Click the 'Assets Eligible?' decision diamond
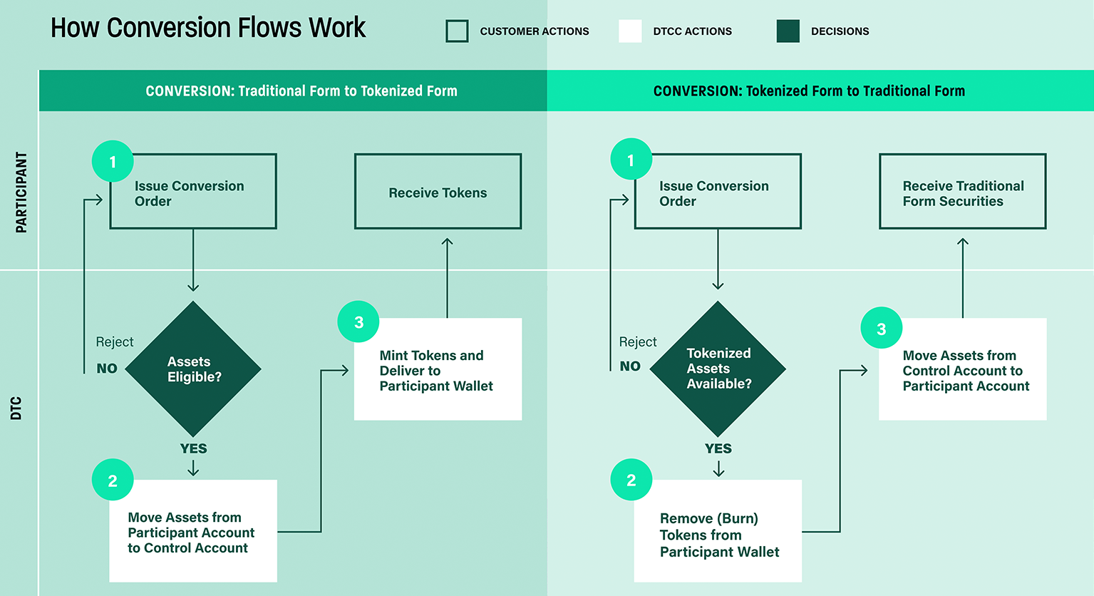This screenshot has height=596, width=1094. pyautogui.click(x=193, y=369)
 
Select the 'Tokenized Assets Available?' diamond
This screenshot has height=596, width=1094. pyautogui.click(x=718, y=369)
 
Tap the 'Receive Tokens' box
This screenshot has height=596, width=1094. pyautogui.click(x=438, y=192)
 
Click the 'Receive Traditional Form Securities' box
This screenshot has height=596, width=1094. pyautogui.click(x=962, y=192)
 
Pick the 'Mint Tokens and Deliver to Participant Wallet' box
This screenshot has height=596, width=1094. pyautogui.click(x=438, y=369)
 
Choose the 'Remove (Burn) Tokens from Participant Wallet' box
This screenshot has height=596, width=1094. pyautogui.click(x=718, y=531)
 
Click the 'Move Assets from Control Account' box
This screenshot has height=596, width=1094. pyautogui.click(x=962, y=369)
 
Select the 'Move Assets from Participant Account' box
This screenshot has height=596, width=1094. pyautogui.click(x=192, y=531)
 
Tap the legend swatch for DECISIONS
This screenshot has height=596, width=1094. pyautogui.click(x=788, y=31)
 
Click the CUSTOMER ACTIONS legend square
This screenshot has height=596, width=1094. pyautogui.click(x=457, y=31)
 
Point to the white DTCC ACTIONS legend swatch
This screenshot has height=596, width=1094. pyautogui.click(x=630, y=31)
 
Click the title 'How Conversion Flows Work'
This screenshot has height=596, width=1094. pyautogui.click(x=207, y=28)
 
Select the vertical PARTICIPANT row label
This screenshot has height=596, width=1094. pyautogui.click(x=21, y=192)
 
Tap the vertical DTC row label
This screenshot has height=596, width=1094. pyautogui.click(x=16, y=408)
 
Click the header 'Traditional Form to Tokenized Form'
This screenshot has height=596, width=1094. pyautogui.click(x=301, y=91)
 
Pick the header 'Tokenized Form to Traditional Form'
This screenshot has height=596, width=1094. pyautogui.click(x=809, y=91)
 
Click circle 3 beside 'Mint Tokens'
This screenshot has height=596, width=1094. pyautogui.click(x=358, y=322)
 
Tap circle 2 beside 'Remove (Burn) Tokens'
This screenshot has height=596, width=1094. pyautogui.click(x=631, y=480)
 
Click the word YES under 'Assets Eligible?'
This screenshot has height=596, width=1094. pyautogui.click(x=193, y=448)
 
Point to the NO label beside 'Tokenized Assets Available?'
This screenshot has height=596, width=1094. pyautogui.click(x=630, y=366)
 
